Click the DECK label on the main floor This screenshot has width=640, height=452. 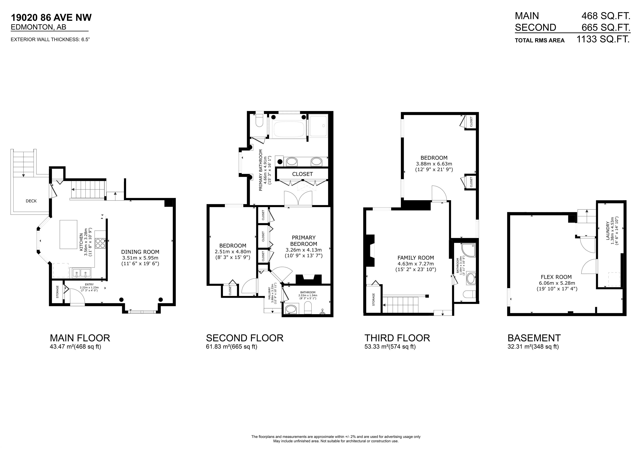(x=31, y=201)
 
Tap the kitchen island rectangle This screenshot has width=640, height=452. (x=69, y=234)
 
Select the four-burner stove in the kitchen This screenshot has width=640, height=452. (x=100, y=243)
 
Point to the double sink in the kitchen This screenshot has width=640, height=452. (x=81, y=273)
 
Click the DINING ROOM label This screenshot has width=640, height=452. (x=140, y=252)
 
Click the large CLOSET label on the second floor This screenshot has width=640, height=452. (x=302, y=174)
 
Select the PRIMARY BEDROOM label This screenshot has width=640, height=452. (x=304, y=241)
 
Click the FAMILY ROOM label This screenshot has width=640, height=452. (x=416, y=258)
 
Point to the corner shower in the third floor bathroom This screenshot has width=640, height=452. (x=468, y=250)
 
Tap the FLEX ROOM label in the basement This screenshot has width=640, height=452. (x=556, y=277)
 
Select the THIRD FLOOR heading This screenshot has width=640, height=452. (x=397, y=338)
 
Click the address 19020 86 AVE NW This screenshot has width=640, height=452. (x=51, y=17)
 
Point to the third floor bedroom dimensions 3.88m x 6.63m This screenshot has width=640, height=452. (x=434, y=164)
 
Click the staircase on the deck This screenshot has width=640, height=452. (x=23, y=163)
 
